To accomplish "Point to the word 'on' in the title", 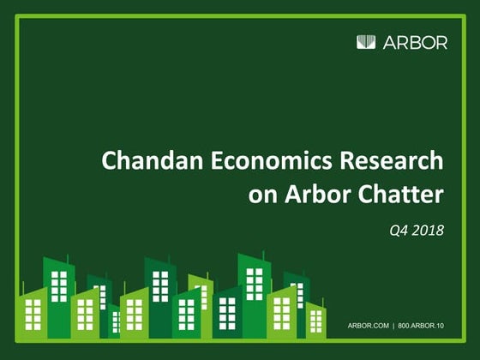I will pyautogui.click(x=261, y=195).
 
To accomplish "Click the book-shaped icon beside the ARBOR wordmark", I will pyautogui.click(x=366, y=42).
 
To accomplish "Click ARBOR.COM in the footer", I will pyautogui.click(x=369, y=327).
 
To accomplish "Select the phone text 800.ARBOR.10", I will pyautogui.click(x=429, y=327).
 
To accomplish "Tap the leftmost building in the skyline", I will pyautogui.click(x=33, y=313).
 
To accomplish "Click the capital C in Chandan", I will pyautogui.click(x=108, y=161).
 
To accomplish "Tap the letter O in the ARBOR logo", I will pyautogui.click(x=426, y=42).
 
